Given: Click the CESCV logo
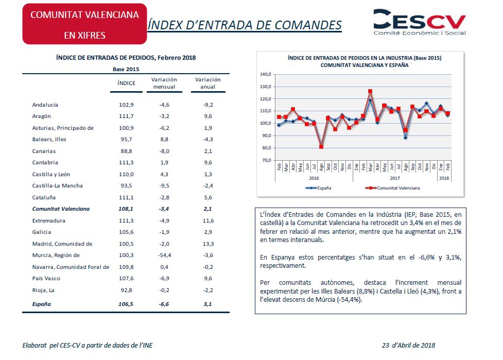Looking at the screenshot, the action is [420, 22].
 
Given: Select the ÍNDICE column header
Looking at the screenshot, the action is [126, 83].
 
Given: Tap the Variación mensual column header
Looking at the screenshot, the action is [164, 83].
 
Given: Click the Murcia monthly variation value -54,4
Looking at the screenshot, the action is [165, 255].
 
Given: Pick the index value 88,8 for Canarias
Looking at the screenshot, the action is [126, 151].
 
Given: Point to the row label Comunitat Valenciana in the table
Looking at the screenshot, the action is [61, 209].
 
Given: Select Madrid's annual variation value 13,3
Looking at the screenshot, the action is [208, 244].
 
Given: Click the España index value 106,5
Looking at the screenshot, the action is [126, 304].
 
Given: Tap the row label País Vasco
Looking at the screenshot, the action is [46, 279].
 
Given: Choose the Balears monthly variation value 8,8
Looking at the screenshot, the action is [164, 140].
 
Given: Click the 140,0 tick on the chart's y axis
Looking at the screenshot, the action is [266, 75].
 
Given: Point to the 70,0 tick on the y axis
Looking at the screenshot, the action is [267, 160].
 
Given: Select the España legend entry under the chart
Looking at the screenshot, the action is [318, 188].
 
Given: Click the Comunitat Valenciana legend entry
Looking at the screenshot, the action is [393, 188].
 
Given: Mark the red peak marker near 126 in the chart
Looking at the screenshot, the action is [370, 92].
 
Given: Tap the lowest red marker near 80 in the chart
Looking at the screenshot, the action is [321, 147].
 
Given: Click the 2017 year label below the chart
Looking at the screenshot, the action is [395, 178].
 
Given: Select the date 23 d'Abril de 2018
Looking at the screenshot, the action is [408, 345].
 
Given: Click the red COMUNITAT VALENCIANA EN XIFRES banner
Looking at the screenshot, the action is [84, 24].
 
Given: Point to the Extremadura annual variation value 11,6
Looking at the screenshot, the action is [208, 221].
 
